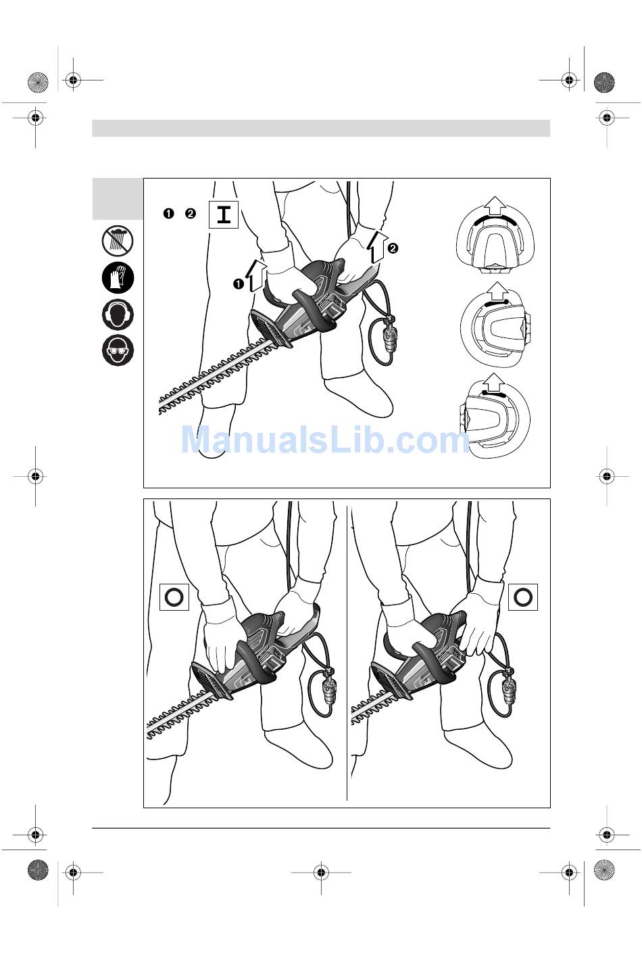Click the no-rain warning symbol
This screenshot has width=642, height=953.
pyautogui.click(x=118, y=241)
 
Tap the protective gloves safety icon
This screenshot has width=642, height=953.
pyautogui.click(x=118, y=278)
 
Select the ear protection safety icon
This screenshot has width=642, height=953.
pyautogui.click(x=118, y=315)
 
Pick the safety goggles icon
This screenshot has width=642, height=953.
pyautogui.click(x=118, y=350)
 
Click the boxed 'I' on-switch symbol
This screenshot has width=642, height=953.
pyautogui.click(x=224, y=214)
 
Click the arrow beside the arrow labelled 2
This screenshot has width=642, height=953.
pyautogui.click(x=377, y=247)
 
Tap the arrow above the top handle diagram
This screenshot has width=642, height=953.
pyautogui.click(x=495, y=206)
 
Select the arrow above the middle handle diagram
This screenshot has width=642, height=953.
pyautogui.click(x=498, y=292)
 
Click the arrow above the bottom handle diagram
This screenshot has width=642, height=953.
pyautogui.click(x=493, y=382)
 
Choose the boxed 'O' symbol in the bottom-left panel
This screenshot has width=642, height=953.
pyautogui.click(x=174, y=597)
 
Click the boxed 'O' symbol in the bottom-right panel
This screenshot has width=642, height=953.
pyautogui.click(x=523, y=597)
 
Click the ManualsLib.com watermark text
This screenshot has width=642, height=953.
pyautogui.click(x=325, y=440)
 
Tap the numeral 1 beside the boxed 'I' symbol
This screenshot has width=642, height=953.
pyautogui.click(x=169, y=213)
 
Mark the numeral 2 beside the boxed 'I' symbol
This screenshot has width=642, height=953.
pyautogui.click(x=191, y=213)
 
